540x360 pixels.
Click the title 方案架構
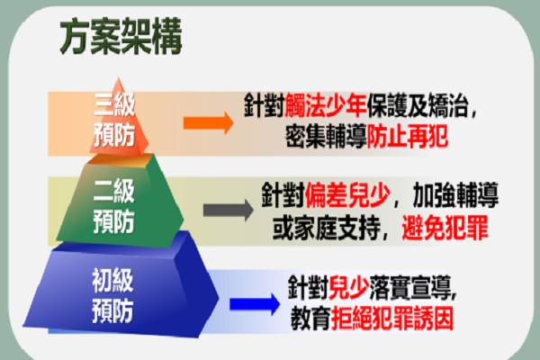(x=121, y=37)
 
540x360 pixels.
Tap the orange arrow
(x=209, y=122)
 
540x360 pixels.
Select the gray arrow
(x=229, y=210)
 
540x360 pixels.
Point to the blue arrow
(x=255, y=304)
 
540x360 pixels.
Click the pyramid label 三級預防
(x=114, y=120)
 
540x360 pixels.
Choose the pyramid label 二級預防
(x=114, y=206)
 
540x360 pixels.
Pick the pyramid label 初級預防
(x=112, y=295)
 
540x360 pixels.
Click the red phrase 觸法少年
(x=326, y=105)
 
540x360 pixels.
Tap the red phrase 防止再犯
(x=408, y=137)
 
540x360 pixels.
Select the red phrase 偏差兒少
(x=347, y=195)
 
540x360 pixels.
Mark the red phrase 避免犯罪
(x=445, y=228)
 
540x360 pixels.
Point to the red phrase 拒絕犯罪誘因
(x=391, y=319)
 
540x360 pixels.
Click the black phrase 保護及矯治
(x=417, y=105)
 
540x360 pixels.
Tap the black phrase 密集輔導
(x=326, y=137)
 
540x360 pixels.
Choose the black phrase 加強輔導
(x=455, y=195)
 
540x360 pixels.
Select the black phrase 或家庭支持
(x=326, y=228)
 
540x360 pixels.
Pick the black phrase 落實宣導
(x=410, y=288)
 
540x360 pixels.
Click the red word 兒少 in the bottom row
(x=349, y=288)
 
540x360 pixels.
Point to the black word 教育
(x=310, y=319)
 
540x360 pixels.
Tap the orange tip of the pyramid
(x=119, y=79)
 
